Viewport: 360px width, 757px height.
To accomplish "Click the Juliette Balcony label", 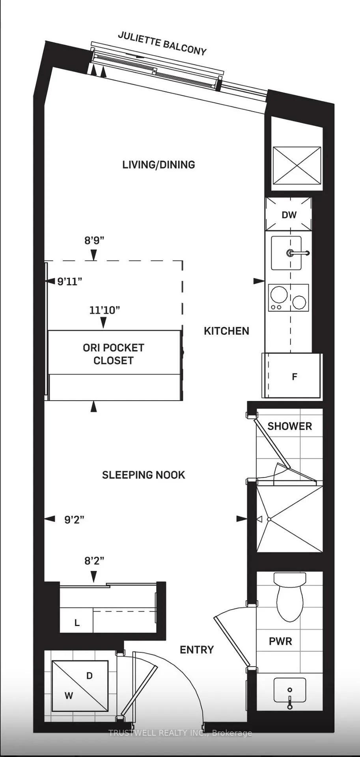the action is coord(162,43).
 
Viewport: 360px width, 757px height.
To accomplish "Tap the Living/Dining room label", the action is coord(159,165).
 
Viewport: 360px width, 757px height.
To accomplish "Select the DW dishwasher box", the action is coord(289,214).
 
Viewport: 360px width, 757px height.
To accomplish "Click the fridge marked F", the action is coord(292,376).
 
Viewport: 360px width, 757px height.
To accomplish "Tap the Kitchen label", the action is coord(226,331).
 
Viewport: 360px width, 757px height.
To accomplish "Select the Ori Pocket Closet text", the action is coord(114,354).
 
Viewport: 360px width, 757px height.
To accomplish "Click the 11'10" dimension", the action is coord(104,310).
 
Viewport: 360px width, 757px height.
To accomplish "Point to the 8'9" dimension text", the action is coord(94,240).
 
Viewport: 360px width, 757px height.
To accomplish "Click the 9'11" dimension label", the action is coord(70,282).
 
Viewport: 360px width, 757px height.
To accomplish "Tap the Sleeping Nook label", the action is coord(144,475).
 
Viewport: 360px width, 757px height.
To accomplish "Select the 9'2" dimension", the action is coord(74,520).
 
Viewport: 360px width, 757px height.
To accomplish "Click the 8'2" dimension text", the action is coord(94,561).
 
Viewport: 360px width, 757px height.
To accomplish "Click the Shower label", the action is coord(290,426).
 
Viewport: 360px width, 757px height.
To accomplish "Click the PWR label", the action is coord(280,641).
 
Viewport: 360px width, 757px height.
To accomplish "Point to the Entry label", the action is coord(197,650).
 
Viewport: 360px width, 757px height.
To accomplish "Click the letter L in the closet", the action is coord(77,623).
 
